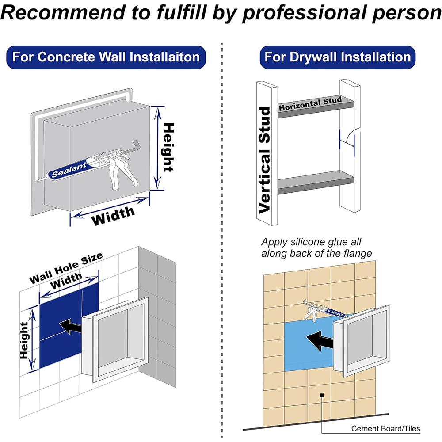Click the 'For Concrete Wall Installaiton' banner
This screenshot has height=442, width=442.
click(106, 57)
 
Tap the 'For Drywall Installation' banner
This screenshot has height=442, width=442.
click(337, 57)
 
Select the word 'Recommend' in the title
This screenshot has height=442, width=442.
click(63, 12)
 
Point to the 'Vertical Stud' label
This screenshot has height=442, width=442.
click(265, 160)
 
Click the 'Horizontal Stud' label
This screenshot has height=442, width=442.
click(310, 104)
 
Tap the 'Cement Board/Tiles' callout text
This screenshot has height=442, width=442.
click(385, 428)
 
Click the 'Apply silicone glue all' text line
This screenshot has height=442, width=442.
click(311, 242)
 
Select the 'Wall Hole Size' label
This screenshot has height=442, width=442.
click(66, 268)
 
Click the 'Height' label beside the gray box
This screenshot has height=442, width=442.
click(168, 148)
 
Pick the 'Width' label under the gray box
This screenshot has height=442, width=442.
click(113, 216)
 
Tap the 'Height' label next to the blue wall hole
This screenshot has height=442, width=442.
click(24, 340)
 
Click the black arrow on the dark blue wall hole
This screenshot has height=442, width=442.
click(70, 327)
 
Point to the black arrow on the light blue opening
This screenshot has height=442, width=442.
click(320, 340)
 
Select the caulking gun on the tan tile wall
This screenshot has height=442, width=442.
click(324, 310)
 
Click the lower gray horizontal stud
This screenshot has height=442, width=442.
click(316, 183)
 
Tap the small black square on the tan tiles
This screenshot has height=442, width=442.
click(322, 395)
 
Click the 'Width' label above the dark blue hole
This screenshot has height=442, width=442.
click(66, 281)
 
